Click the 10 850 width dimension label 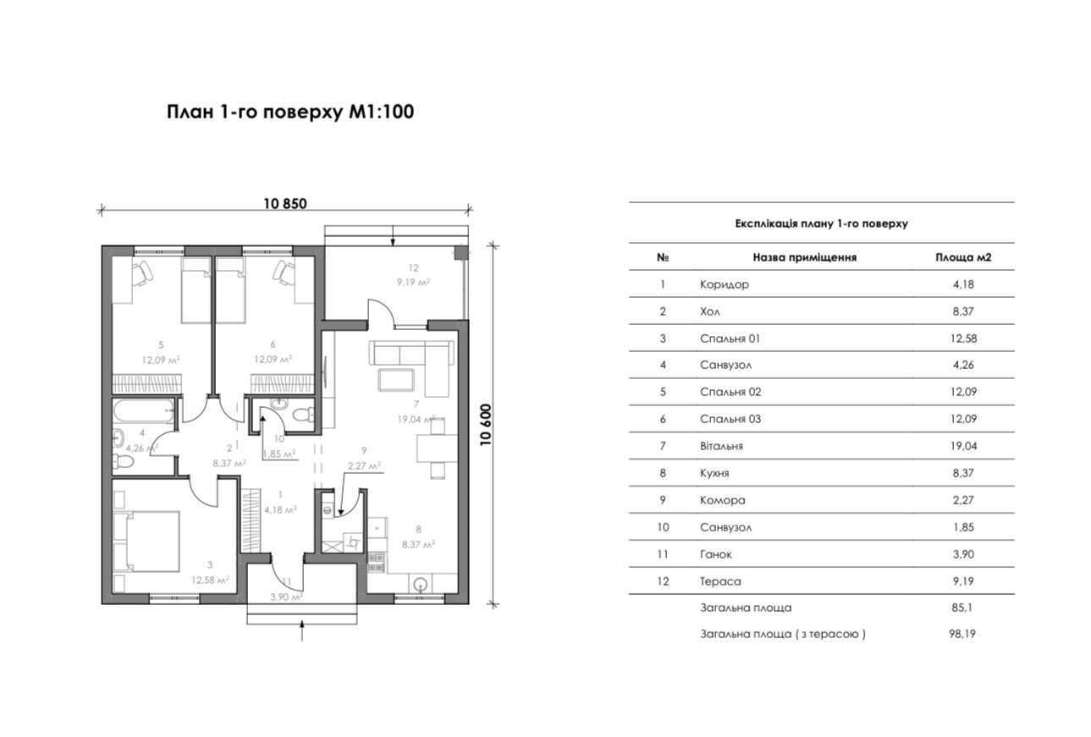tap(284, 204)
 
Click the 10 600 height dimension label tap(486, 424)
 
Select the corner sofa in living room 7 tap(414, 364)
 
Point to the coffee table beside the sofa tap(395, 379)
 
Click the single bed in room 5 tap(196, 289)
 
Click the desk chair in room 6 tap(285, 272)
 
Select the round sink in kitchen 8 tap(419, 583)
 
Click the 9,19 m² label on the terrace tap(414, 283)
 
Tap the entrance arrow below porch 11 tap(302, 630)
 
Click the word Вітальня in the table tap(721, 446)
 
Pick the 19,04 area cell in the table tap(963, 446)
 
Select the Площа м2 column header tap(963, 257)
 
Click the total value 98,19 tap(963, 633)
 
